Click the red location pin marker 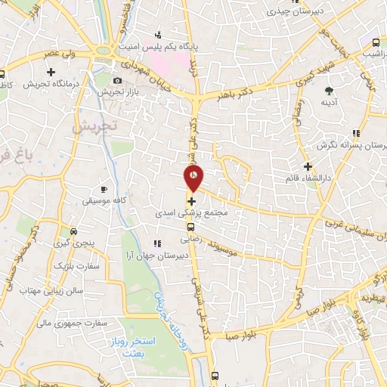tap(194, 178)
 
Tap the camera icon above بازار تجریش tap(117, 81)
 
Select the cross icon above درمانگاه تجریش tap(51, 73)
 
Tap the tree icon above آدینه tap(329, 89)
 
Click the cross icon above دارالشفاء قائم tap(307, 166)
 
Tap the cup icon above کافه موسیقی tap(104, 188)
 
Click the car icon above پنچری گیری tap(73, 231)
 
